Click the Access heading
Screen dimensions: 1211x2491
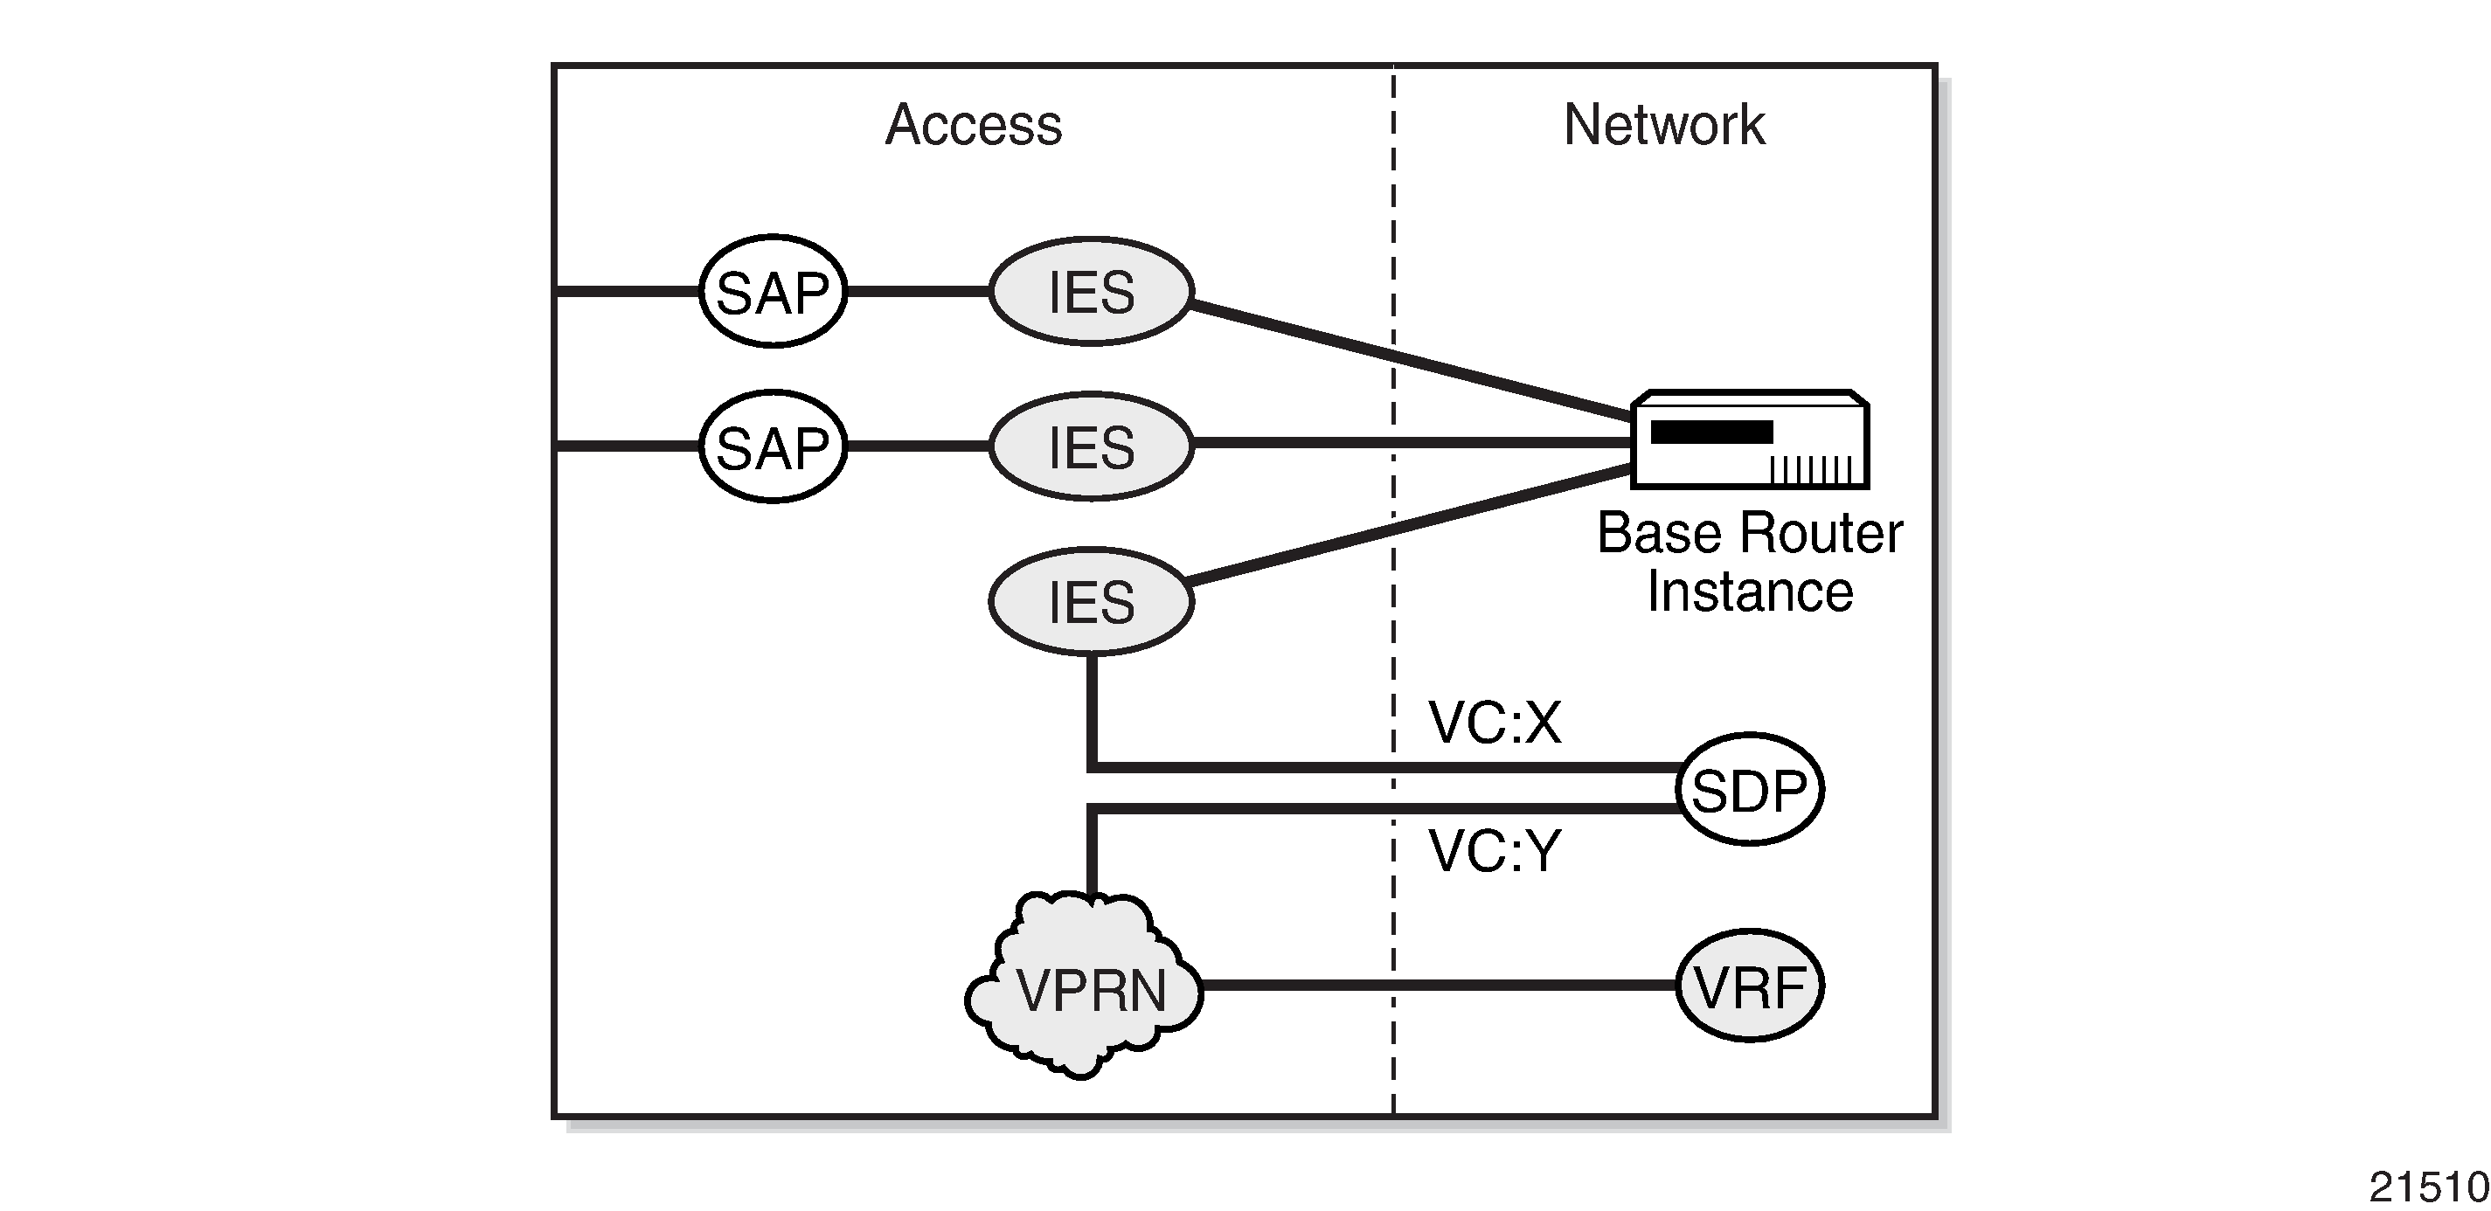(x=973, y=125)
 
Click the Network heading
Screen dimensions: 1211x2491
(x=1663, y=125)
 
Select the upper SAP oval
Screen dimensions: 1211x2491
(x=773, y=291)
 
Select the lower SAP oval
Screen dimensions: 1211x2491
(x=773, y=446)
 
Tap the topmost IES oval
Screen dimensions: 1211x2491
(x=1092, y=291)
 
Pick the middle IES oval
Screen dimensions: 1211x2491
(x=1092, y=446)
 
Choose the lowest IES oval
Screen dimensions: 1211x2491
(x=1092, y=601)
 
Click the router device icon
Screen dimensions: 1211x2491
(x=1751, y=440)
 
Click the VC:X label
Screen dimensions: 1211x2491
(x=1494, y=722)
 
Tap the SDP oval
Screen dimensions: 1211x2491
(x=1749, y=790)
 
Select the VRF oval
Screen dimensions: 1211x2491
(x=1749, y=986)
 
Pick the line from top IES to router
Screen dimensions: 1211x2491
(x=1412, y=362)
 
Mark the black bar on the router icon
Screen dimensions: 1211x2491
(x=1711, y=432)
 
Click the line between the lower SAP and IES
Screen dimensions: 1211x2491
(x=917, y=446)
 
